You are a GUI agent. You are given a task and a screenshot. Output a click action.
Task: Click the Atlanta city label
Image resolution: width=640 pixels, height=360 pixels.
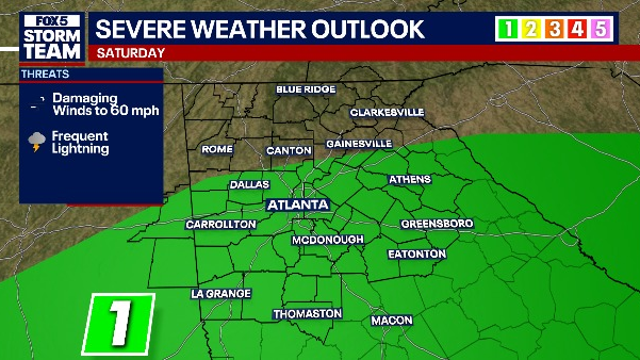(x=298, y=204)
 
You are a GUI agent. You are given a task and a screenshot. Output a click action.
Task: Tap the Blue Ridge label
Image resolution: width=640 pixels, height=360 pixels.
(x=306, y=90)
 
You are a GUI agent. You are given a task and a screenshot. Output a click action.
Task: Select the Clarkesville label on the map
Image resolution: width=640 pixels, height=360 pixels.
(x=387, y=113)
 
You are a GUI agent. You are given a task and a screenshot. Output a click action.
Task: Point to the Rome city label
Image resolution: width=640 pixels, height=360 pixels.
(x=217, y=150)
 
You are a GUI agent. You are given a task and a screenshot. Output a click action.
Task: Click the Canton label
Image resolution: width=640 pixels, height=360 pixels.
(x=289, y=151)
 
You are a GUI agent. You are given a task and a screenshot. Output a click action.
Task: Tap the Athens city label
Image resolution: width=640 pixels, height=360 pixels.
(x=409, y=180)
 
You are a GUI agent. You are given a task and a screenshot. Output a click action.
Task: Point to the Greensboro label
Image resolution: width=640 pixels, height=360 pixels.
(x=437, y=224)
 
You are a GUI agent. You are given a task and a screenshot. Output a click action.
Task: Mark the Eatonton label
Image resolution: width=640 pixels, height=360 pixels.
(x=418, y=254)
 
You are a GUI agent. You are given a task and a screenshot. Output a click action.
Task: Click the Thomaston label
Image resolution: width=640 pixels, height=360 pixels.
(x=308, y=314)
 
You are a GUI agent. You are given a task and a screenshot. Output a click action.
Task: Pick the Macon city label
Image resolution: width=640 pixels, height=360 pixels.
(x=391, y=320)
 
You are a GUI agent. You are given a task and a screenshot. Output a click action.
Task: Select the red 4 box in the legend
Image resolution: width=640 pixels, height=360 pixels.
(x=577, y=29)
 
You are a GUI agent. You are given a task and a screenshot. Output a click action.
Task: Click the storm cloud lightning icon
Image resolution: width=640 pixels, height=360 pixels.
(x=37, y=142)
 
